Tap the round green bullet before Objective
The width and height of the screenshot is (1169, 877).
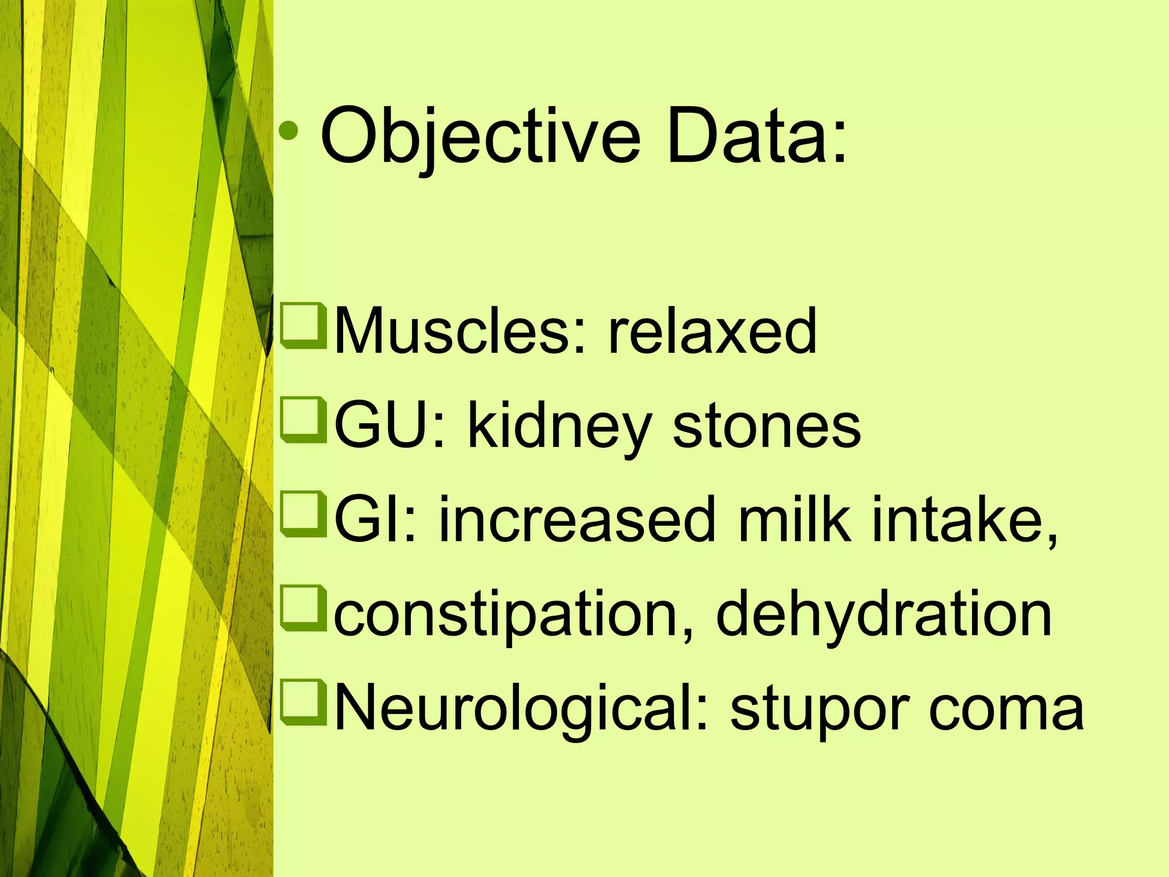click(289, 131)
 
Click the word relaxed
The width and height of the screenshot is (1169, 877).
click(712, 331)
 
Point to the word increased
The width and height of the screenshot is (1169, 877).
click(577, 520)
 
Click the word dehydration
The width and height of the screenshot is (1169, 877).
click(883, 614)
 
